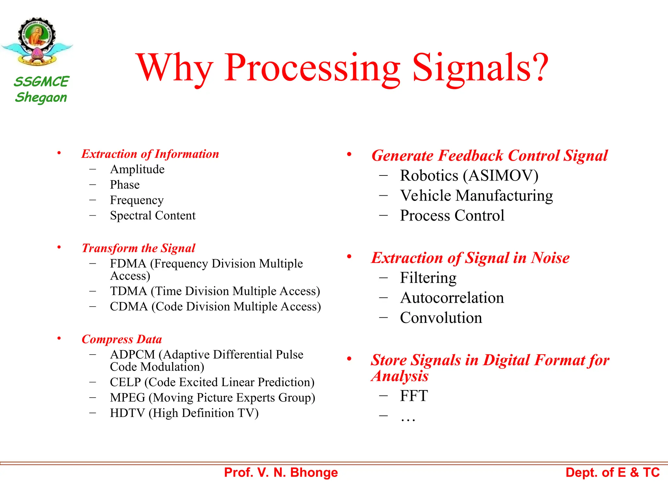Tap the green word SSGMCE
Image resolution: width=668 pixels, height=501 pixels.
pos(41,82)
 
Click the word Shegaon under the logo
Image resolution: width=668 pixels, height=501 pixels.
pos(41,98)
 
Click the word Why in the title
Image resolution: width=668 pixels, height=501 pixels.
pos(175,68)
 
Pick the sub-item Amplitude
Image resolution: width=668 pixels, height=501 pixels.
pos(137,169)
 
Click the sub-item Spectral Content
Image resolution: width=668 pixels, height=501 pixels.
pos(153,216)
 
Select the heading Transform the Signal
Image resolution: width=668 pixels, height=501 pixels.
pos(138,248)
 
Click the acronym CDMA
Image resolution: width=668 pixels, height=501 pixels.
pos(129,307)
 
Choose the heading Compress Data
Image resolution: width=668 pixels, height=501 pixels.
pos(122,339)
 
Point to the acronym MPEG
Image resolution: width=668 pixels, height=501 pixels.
pos(128,398)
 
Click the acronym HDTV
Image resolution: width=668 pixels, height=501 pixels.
pos(127,413)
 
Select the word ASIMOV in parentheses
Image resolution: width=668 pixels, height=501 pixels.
pos(501,176)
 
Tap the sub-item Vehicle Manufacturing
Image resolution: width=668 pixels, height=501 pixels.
pos(476,196)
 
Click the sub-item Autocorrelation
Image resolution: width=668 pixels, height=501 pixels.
pos(452,298)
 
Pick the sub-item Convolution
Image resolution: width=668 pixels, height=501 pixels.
pos(441,318)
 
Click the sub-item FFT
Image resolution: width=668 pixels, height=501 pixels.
pos(414,396)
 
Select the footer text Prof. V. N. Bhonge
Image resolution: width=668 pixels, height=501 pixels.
pos(281,473)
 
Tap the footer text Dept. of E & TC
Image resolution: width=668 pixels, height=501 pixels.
pos(612,473)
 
